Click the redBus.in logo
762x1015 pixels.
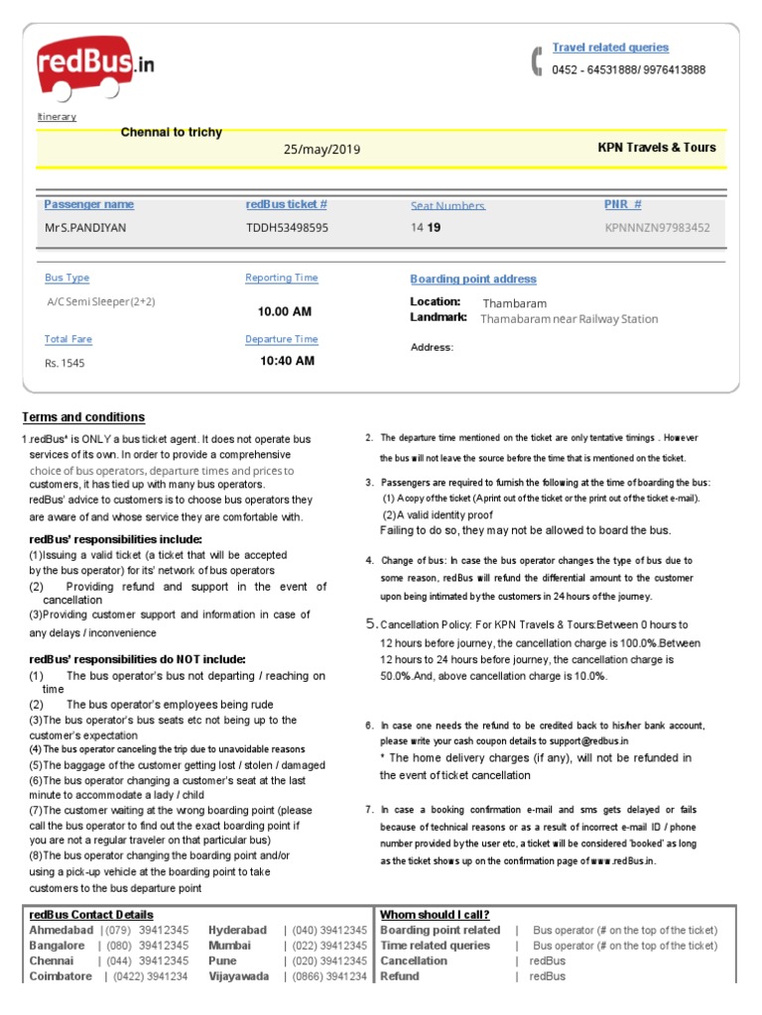[95, 67]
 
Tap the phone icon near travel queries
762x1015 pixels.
[537, 60]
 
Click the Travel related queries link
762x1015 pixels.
[610, 48]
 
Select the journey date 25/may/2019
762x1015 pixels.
[321, 150]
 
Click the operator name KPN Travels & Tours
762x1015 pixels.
[656, 148]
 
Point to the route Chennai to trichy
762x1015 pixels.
[171, 133]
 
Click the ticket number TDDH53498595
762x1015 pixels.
[287, 228]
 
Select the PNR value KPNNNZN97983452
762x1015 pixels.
[657, 228]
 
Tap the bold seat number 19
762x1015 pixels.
[434, 228]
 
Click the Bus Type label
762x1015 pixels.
[66, 279]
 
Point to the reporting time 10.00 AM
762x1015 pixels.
[285, 312]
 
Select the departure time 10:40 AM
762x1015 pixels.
[287, 361]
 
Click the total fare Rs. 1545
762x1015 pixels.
[64, 364]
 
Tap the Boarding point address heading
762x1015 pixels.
[472, 280]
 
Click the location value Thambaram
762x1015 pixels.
[514, 303]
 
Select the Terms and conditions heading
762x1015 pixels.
[83, 417]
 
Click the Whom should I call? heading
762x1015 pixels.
[435, 915]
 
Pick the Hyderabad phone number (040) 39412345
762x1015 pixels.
[330, 931]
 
